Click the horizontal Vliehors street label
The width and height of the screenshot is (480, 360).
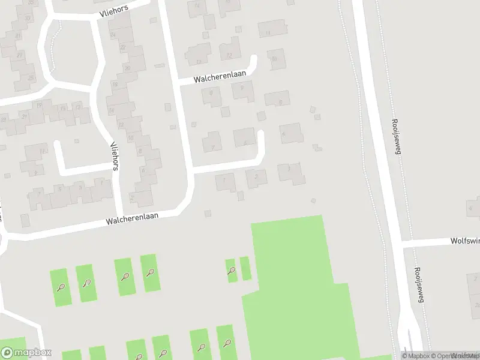pyautogui.click(x=114, y=11)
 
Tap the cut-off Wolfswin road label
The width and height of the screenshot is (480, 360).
pyautogui.click(x=464, y=241)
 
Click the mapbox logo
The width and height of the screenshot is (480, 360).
pyautogui.click(x=26, y=352)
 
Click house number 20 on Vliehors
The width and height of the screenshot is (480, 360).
pyautogui.click(x=127, y=68)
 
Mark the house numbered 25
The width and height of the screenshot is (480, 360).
pyautogui.click(x=31, y=78)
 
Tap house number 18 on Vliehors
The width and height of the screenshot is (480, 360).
pyautogui.click(x=114, y=85)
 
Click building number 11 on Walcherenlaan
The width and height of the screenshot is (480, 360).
pyautogui.click(x=268, y=32)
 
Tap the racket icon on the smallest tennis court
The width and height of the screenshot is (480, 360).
pyautogui.click(x=231, y=270)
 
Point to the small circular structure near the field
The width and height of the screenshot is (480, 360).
pyautogui.click(x=313, y=200)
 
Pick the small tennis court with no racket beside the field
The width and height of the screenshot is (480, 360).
pyautogui.click(x=245, y=268)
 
